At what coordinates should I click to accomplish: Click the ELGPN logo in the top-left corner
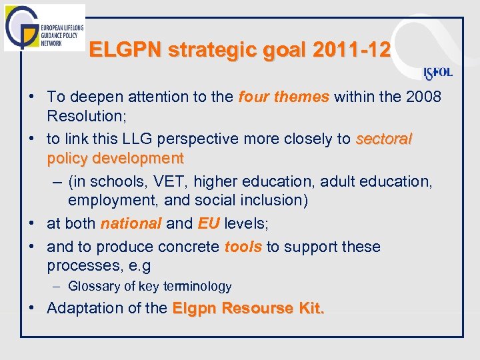44,27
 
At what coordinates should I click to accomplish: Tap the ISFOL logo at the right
438,73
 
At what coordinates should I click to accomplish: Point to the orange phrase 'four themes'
283,97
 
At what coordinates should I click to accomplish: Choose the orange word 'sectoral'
384,139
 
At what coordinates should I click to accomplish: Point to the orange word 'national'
131,223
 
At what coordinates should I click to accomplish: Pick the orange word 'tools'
243,247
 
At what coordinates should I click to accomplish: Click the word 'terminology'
198,287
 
